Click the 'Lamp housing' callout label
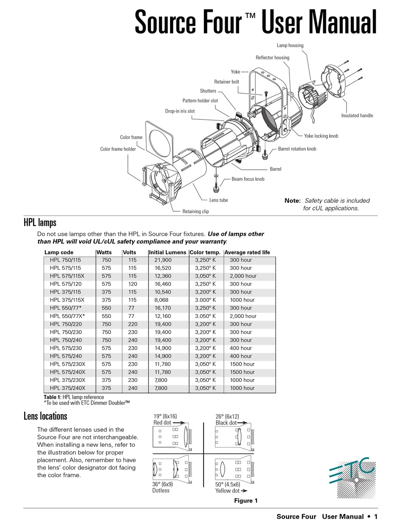(290, 45)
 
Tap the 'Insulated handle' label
(357, 116)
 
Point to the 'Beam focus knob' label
(248, 179)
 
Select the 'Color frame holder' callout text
(118, 149)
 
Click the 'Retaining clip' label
(195, 211)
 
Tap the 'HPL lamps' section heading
(40, 223)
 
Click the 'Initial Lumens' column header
(167, 252)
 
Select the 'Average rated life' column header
(247, 252)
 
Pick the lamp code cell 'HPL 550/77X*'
(67, 316)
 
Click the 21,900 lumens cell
(163, 260)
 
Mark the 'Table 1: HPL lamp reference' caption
(74, 397)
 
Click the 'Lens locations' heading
(45, 416)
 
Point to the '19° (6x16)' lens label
(165, 416)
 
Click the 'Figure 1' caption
(246, 501)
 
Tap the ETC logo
(352, 478)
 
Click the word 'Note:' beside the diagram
(292, 201)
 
